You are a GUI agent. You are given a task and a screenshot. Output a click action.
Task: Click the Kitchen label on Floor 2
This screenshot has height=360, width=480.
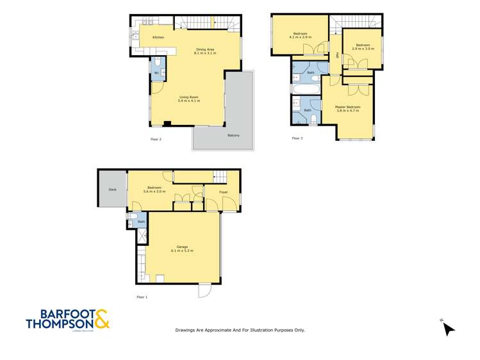click(158, 37)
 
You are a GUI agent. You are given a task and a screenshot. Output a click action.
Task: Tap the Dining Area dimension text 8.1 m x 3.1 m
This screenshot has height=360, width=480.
click(205, 53)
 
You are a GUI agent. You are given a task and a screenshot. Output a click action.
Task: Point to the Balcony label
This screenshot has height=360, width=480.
click(233, 135)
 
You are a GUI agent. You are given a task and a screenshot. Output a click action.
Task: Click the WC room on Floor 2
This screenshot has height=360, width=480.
click(156, 73)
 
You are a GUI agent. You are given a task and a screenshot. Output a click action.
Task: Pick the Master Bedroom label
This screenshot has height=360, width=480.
click(348, 107)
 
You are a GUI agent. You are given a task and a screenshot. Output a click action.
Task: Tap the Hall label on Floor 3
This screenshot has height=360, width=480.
click(337, 55)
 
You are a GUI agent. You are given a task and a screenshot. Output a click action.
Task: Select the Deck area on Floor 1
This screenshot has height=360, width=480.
click(112, 190)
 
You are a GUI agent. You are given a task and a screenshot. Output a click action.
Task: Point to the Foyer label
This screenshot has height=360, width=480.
click(224, 192)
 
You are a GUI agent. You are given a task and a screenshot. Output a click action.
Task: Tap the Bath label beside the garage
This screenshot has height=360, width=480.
click(142, 222)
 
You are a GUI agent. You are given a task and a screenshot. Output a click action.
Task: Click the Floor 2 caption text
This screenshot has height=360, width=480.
click(156, 139)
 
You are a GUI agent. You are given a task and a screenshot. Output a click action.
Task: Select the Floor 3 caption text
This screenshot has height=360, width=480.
click(297, 138)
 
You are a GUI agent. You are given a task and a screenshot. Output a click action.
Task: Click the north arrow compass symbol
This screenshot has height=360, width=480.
click(448, 328)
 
